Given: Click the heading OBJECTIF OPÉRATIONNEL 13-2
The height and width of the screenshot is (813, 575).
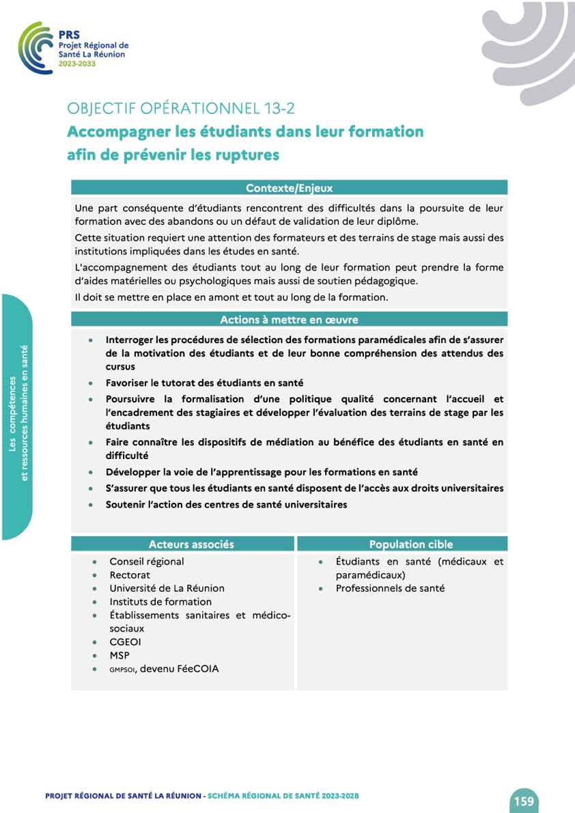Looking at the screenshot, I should [181, 108].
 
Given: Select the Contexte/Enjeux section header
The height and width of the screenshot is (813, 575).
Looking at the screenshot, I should [289, 188].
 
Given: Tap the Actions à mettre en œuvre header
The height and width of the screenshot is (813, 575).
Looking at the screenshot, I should [289, 320].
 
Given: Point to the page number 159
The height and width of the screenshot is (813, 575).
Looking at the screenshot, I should [524, 801].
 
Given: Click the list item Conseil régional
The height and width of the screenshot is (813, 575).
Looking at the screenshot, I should [147, 562].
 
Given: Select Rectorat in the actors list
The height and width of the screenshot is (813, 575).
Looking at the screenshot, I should [130, 575].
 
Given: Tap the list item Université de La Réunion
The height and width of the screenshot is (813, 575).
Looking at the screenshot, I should [167, 588].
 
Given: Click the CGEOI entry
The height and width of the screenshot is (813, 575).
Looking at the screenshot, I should [126, 642].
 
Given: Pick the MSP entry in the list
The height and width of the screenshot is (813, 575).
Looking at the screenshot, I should [120, 656].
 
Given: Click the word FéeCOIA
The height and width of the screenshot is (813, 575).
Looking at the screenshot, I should [197, 669].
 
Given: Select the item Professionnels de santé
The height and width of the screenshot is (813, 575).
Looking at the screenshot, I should [390, 588].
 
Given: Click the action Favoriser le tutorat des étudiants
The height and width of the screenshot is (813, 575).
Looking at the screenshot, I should [204, 383].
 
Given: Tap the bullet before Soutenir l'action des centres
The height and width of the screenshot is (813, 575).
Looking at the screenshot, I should [92, 505].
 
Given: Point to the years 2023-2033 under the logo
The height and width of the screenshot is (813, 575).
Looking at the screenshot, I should [77, 64].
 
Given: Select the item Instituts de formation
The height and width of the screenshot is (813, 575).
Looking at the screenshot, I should [160, 602].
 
